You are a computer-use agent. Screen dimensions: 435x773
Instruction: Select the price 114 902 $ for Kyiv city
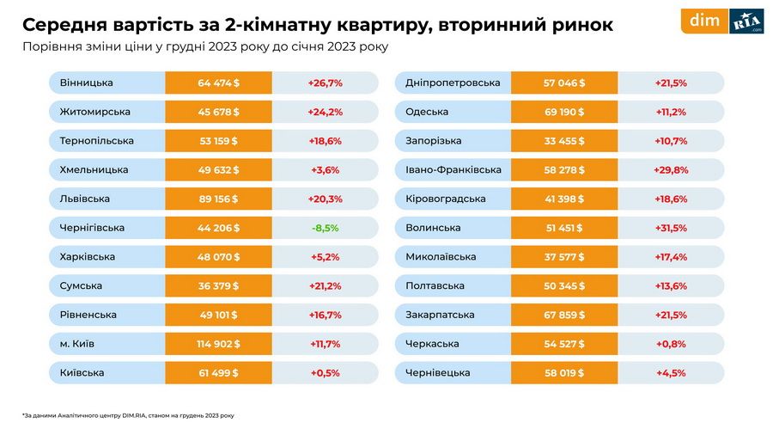click(x=218, y=344)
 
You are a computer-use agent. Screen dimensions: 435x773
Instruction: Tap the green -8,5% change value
click(x=325, y=228)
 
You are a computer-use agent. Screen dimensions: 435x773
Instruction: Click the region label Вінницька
click(x=87, y=83)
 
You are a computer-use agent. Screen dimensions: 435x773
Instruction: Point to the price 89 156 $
click(x=218, y=199)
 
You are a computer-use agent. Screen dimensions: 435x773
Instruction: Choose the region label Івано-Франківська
click(x=453, y=170)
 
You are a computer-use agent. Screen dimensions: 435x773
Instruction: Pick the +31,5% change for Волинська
click(x=671, y=228)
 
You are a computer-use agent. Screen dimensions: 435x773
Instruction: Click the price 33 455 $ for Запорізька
click(x=563, y=141)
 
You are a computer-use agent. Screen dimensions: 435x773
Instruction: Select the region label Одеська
click(x=428, y=112)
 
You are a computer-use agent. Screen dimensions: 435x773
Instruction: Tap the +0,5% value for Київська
click(x=325, y=373)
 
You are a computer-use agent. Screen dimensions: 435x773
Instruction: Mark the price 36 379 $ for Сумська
click(x=218, y=285)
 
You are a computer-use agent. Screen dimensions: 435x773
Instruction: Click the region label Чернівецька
click(x=438, y=373)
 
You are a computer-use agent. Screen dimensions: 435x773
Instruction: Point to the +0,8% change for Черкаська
click(x=671, y=344)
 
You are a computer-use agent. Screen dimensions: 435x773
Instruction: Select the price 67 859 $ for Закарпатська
click(x=563, y=315)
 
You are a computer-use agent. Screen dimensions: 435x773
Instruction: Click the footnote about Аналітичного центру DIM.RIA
click(x=128, y=415)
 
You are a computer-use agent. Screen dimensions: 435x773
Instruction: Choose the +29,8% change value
click(x=671, y=170)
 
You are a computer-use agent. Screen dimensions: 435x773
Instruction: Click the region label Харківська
click(x=88, y=257)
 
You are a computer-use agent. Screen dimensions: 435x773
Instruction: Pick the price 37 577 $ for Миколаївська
click(x=563, y=257)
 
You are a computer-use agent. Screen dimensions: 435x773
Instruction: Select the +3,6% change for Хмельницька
click(x=325, y=170)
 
